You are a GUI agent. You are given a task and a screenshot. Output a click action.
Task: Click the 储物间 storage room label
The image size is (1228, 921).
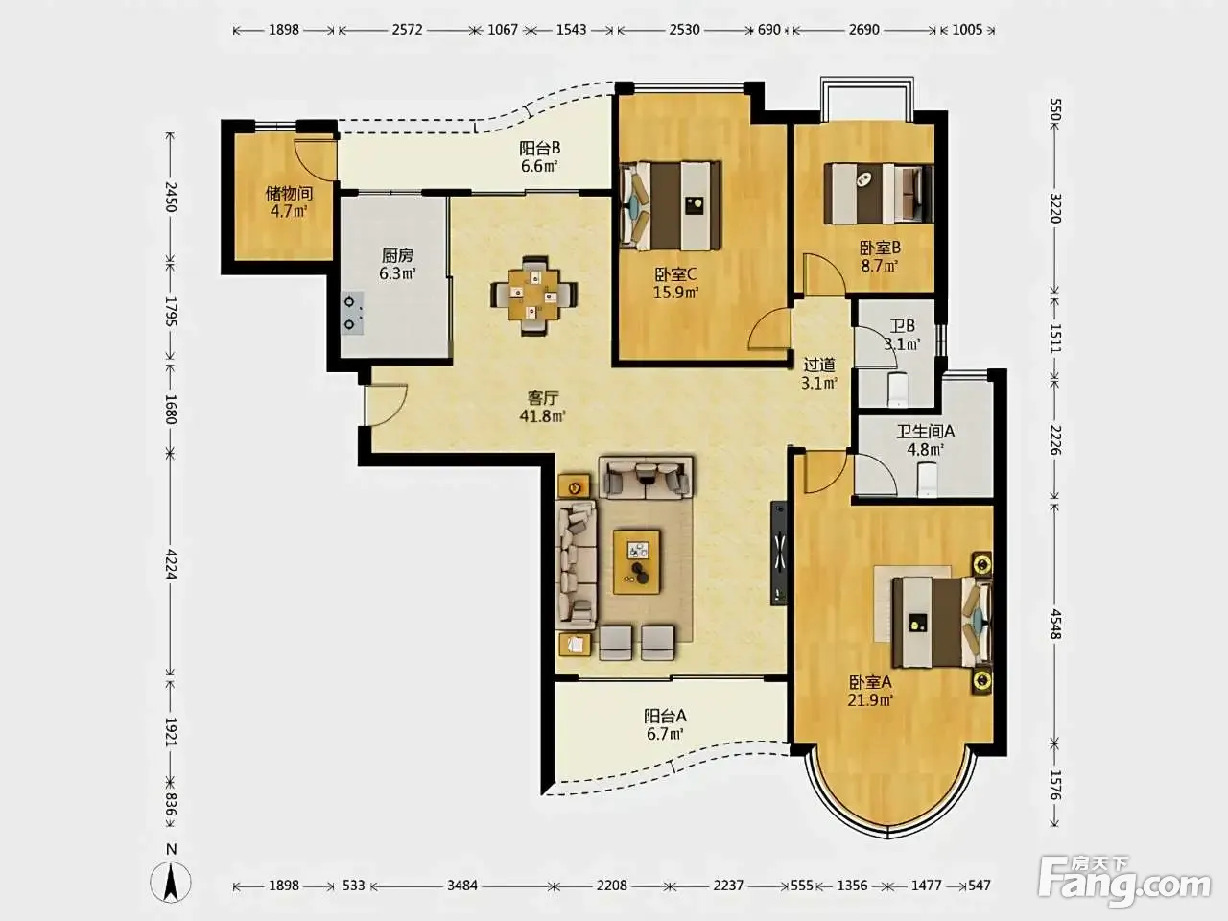coord(289,194)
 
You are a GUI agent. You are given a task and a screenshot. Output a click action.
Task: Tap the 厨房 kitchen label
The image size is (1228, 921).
coord(397,255)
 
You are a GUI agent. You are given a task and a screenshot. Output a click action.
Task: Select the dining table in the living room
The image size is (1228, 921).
coord(533,295)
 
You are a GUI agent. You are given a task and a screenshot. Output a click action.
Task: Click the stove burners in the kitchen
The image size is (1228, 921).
coord(352,313)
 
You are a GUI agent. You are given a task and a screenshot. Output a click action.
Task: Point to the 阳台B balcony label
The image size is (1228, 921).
coord(539,148)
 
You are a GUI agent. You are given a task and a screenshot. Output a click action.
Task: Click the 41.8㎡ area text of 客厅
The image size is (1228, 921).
coord(542,416)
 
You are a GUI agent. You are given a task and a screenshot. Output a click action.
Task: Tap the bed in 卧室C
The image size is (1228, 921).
coord(671,205)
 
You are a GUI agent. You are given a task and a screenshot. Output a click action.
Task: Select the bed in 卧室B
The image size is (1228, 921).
coord(879,194)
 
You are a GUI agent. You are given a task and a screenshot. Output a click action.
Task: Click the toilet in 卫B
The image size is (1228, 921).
coord(897,389)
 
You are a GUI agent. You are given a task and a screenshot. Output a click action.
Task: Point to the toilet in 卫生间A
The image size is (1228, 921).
coord(927,480)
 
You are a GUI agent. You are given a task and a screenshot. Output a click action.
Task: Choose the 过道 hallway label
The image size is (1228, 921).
coord(819,365)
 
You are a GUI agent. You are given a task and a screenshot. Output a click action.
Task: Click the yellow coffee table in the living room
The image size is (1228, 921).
coord(636,562)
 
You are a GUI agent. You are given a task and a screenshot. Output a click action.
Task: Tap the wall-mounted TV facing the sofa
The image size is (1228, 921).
coord(778,553)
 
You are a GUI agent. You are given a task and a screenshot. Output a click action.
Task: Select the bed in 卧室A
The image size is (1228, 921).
coord(941,623)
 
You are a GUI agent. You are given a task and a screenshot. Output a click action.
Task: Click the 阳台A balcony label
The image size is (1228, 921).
coord(665,716)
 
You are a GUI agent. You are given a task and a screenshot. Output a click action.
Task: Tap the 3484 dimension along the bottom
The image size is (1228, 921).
coord(462,886)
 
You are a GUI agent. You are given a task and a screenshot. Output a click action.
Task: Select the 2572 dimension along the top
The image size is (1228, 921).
coord(407,30)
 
